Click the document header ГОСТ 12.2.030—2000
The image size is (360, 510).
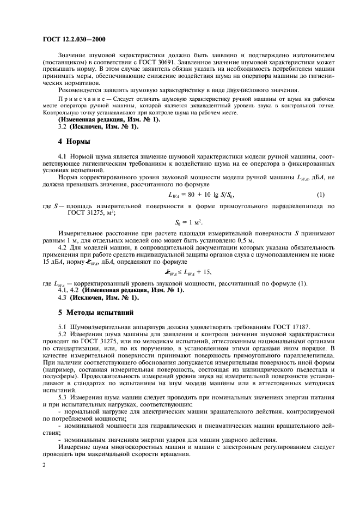tap(74, 39)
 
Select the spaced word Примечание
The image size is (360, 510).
tap(81, 100)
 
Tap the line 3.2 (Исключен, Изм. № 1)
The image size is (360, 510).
tap(98, 126)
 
